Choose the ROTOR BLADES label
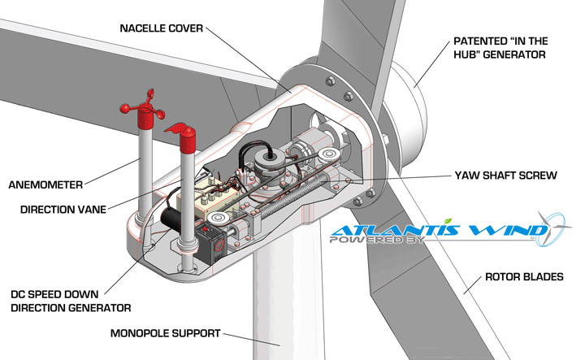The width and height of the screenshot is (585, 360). point(522,277)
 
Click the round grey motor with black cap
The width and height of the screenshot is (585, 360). point(266,160)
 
